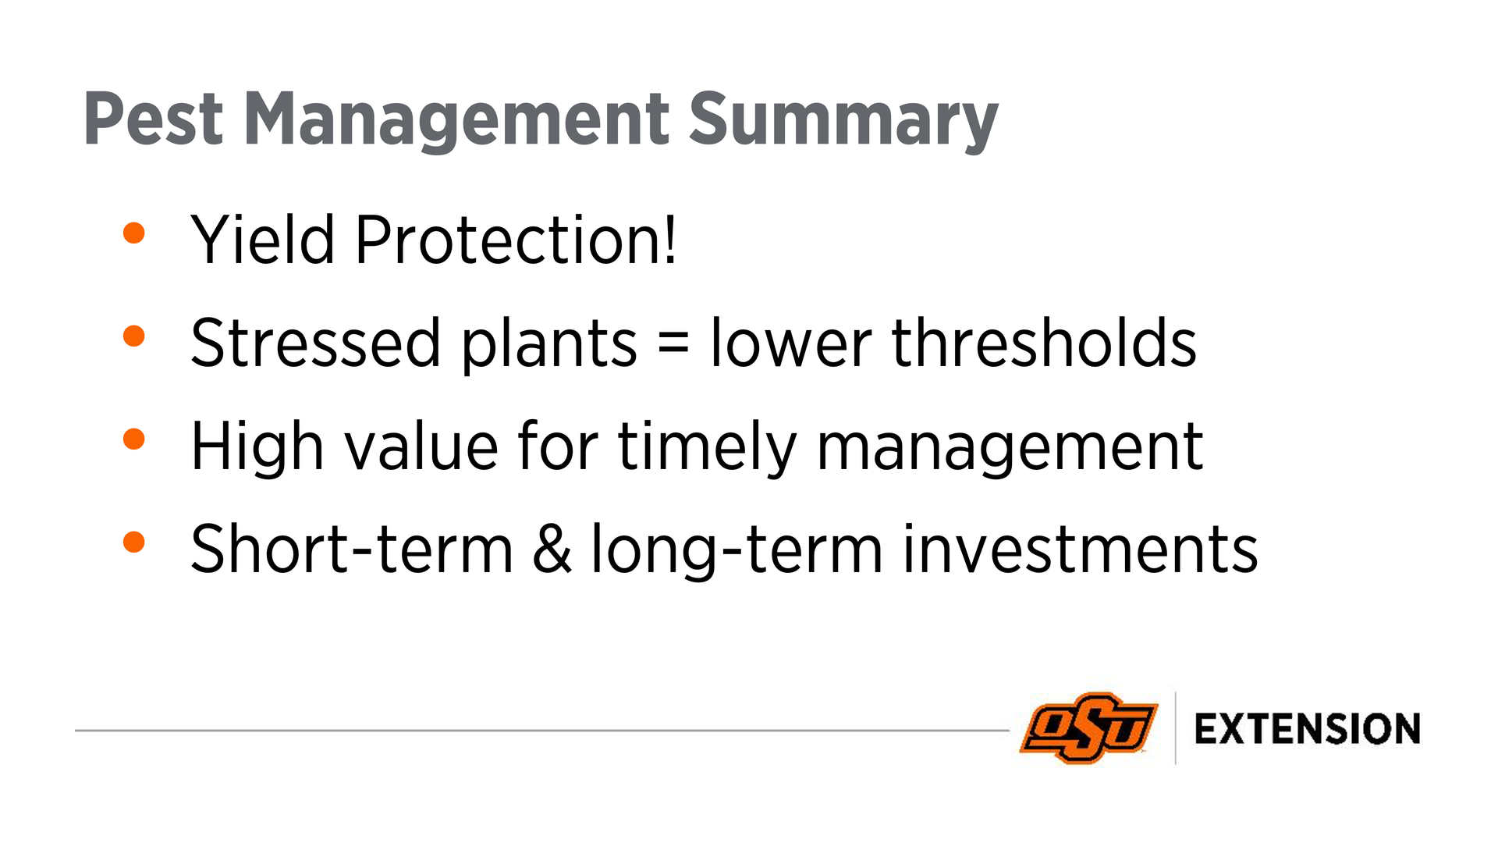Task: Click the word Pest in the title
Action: tap(154, 119)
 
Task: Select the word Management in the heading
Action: tap(456, 121)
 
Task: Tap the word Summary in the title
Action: tap(843, 121)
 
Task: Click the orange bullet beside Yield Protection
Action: tap(134, 233)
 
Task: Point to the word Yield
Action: tap(262, 240)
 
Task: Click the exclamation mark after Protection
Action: tap(669, 240)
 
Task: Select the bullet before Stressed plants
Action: tap(134, 336)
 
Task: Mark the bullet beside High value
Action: tap(134, 439)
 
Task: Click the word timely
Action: tap(708, 447)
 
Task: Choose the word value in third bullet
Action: tap(421, 446)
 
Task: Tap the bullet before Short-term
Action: tap(134, 542)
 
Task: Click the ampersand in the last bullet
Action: tap(552, 549)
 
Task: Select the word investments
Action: tap(1081, 549)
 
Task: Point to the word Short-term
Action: tap(352, 549)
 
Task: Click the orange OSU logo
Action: tap(1089, 727)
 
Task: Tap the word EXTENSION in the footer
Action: tap(1308, 729)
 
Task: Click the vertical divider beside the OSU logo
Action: tap(1176, 727)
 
